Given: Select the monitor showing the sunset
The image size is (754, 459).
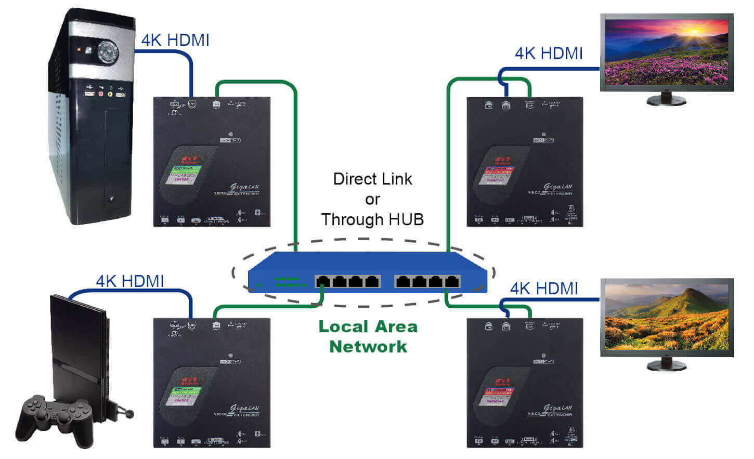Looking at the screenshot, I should [x=667, y=52].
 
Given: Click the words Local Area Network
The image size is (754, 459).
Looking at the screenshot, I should [x=368, y=336].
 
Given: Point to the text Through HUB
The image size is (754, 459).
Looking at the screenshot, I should [x=372, y=219].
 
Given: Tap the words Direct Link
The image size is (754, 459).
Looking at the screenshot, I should [x=372, y=179].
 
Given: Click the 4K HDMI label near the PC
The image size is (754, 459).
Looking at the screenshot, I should [x=175, y=40].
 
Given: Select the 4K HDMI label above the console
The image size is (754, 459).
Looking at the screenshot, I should [x=130, y=281].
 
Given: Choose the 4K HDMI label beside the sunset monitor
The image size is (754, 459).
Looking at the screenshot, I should [x=549, y=53].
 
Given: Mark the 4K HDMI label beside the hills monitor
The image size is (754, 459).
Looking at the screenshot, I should [x=544, y=288].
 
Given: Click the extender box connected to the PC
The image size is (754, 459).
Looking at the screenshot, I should [x=212, y=161].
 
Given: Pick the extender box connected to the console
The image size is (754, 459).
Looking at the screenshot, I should [x=212, y=383].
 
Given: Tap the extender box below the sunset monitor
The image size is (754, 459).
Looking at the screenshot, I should [x=525, y=161].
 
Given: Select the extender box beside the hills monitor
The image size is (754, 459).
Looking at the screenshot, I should [x=525, y=383].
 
